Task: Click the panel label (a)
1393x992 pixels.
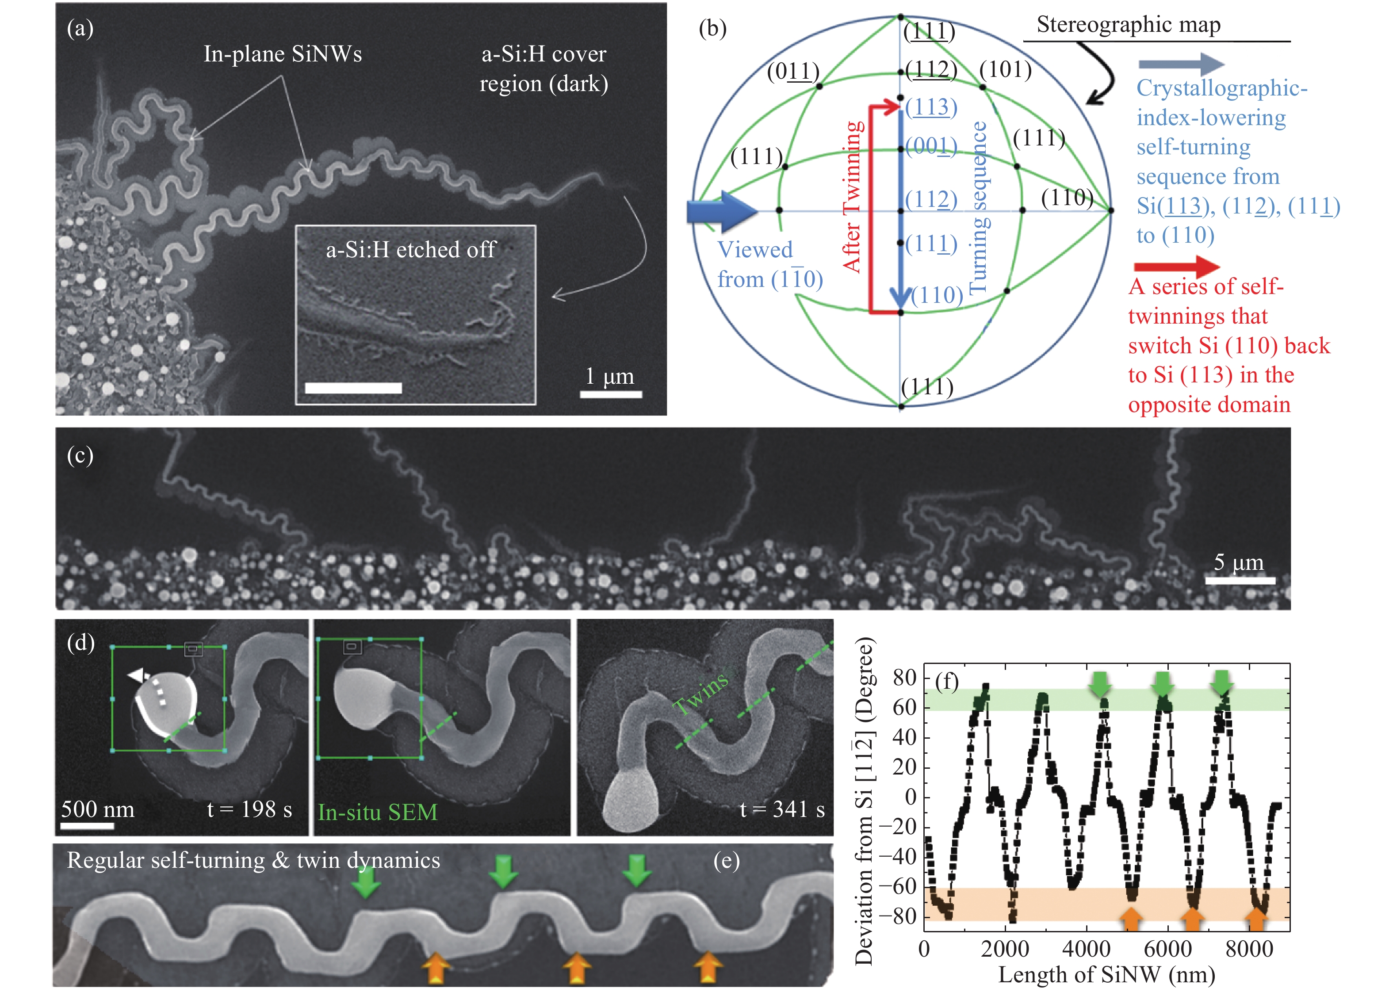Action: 80,28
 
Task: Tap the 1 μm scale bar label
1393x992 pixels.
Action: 609,376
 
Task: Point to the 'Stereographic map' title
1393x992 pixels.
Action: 1129,24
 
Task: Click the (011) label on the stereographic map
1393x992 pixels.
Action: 793,72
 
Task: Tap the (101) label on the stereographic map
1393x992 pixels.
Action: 1005,70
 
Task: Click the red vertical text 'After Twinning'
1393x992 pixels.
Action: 853,196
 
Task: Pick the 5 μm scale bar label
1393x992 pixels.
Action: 1238,562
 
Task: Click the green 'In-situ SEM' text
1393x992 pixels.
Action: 378,813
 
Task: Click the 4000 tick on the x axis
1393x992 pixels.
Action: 1086,949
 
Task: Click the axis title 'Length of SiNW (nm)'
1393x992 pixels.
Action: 1106,975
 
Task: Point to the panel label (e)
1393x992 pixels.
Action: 727,861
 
